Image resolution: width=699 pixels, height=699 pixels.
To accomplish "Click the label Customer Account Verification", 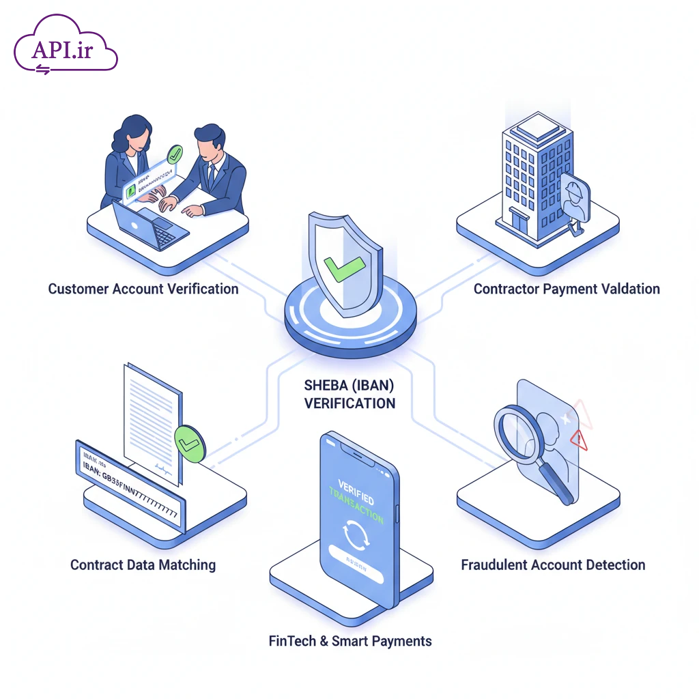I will (143, 289).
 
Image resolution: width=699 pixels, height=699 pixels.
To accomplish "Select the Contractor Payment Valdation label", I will (567, 289).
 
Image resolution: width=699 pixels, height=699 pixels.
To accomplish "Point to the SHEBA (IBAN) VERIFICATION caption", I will (349, 394).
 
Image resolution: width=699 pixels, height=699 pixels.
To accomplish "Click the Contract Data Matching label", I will (143, 565).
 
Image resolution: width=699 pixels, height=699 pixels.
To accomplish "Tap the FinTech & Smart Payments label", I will (350, 641).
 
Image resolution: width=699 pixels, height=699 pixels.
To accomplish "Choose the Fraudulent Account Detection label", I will (553, 565).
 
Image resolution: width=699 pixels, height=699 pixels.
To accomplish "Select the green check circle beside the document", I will (189, 444).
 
